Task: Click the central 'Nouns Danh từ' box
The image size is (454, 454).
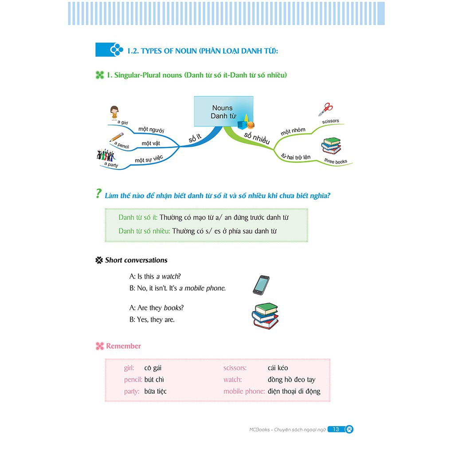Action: [223, 111]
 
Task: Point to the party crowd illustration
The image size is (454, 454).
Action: [106, 155]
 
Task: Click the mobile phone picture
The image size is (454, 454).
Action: [261, 285]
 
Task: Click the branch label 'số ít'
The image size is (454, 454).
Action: [195, 138]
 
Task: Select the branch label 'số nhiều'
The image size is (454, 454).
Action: [256, 138]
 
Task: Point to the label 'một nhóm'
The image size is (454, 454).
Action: [293, 132]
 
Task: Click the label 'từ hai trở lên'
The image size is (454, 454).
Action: [296, 156]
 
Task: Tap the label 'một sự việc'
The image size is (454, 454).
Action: [149, 160]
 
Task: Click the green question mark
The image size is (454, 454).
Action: [98, 194]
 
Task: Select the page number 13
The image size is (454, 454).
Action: [336, 429]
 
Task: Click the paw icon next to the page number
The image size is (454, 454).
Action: [349, 429]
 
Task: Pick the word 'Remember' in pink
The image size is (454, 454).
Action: [123, 346]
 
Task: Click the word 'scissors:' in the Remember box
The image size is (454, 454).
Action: [235, 368]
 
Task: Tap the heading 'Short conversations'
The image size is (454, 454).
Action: [136, 260]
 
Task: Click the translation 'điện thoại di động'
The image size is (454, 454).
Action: [294, 391]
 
